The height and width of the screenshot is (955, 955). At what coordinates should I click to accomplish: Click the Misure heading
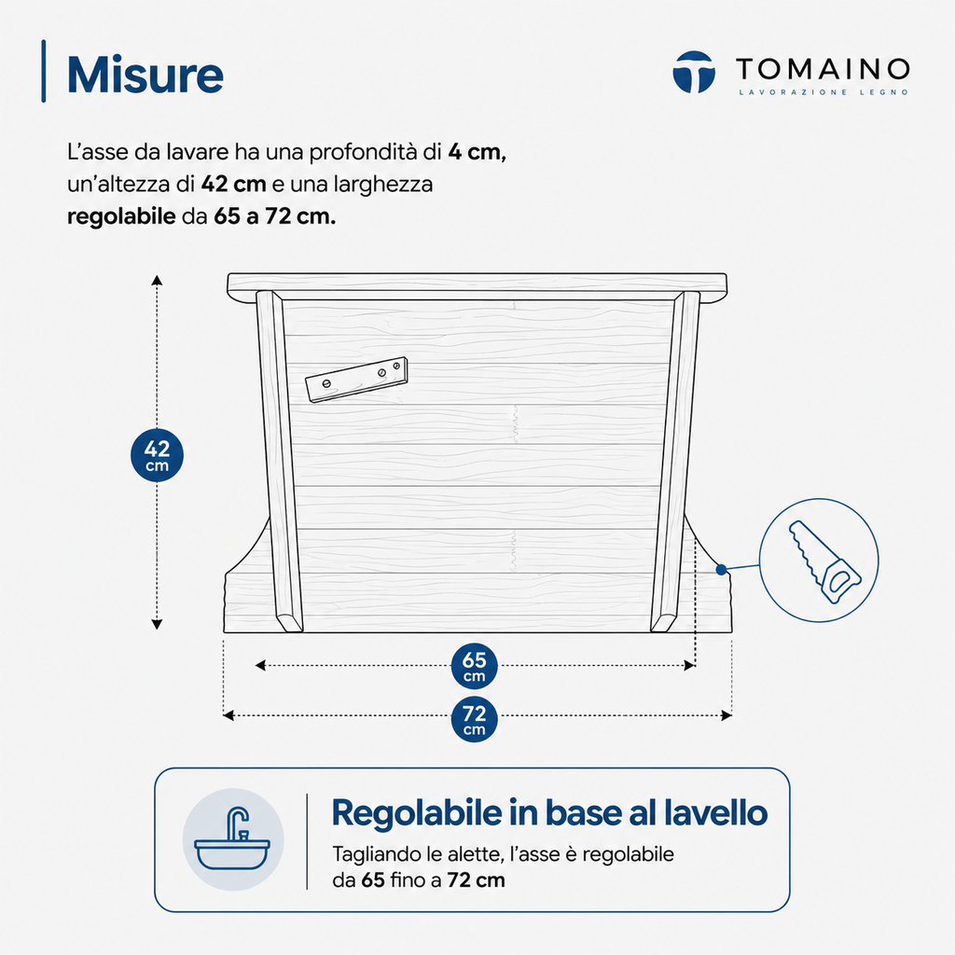click(x=145, y=75)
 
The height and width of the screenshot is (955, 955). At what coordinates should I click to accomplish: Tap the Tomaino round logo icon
click(x=694, y=72)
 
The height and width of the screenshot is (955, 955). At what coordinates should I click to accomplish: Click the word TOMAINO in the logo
click(x=823, y=69)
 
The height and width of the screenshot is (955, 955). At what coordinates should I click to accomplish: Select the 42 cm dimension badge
click(x=157, y=455)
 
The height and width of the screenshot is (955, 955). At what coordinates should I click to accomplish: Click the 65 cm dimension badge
click(x=475, y=666)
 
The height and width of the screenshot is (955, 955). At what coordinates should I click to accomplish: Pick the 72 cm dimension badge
click(x=475, y=719)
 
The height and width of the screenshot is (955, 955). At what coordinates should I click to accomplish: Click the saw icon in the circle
click(x=824, y=561)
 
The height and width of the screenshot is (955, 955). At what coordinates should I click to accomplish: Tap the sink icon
click(x=232, y=838)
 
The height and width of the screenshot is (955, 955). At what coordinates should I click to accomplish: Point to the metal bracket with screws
click(x=356, y=380)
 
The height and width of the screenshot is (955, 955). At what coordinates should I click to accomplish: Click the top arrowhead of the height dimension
click(x=157, y=280)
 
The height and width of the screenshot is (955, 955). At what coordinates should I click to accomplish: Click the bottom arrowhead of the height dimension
click(x=157, y=624)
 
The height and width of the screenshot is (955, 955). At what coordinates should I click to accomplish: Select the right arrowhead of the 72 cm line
click(x=727, y=715)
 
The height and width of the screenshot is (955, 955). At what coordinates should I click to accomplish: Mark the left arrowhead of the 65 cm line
click(x=260, y=665)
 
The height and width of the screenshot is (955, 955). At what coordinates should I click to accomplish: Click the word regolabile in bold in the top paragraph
click(x=121, y=216)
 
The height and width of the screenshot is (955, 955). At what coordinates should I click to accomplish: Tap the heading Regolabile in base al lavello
click(x=549, y=813)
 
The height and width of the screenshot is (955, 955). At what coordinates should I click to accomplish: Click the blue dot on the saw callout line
click(x=721, y=570)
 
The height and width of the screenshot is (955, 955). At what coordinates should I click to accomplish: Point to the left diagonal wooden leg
click(x=278, y=461)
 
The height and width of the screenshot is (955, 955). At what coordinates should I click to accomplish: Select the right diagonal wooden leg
click(x=675, y=461)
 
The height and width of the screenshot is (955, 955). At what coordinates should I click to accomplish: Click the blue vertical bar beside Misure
click(x=43, y=71)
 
